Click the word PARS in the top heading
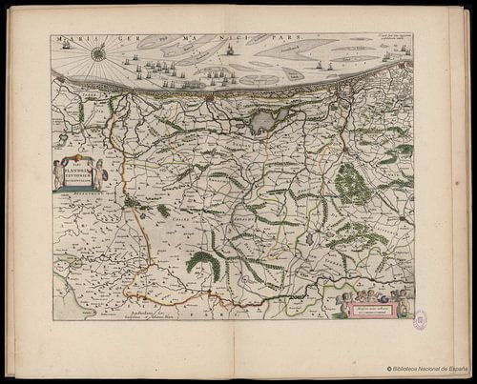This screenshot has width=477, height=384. click(256, 39)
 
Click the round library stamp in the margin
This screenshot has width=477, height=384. click(420, 320)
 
